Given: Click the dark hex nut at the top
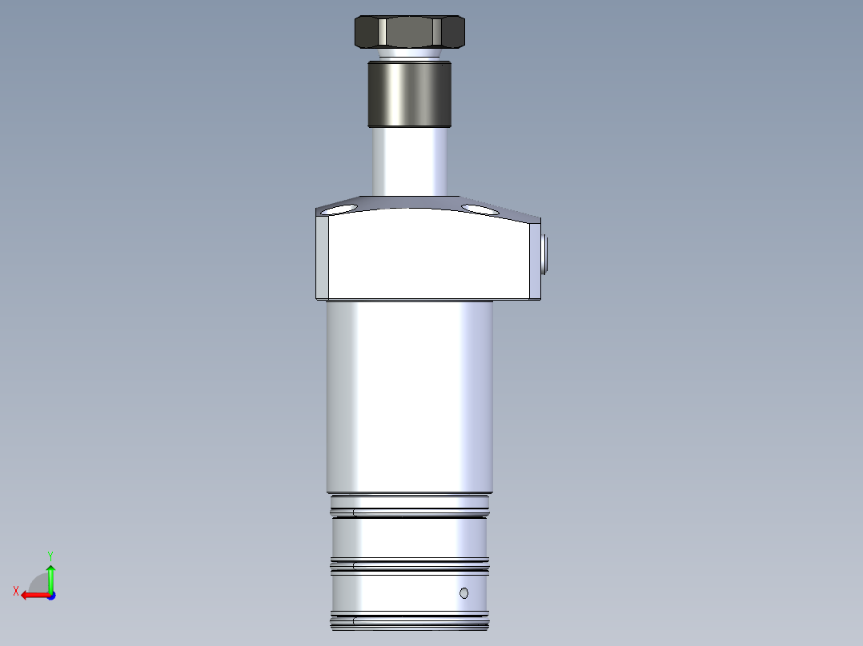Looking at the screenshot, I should (x=409, y=32).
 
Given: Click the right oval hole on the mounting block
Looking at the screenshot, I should (x=480, y=209).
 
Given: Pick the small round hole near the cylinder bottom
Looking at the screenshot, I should (x=464, y=592).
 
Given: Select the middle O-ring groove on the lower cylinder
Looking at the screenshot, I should (x=409, y=566).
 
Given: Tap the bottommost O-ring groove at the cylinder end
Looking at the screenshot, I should (x=409, y=620).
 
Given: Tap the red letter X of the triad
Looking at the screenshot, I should (x=16, y=591).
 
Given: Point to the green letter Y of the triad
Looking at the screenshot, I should (x=50, y=555).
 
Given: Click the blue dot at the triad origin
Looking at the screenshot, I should (x=50, y=596).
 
